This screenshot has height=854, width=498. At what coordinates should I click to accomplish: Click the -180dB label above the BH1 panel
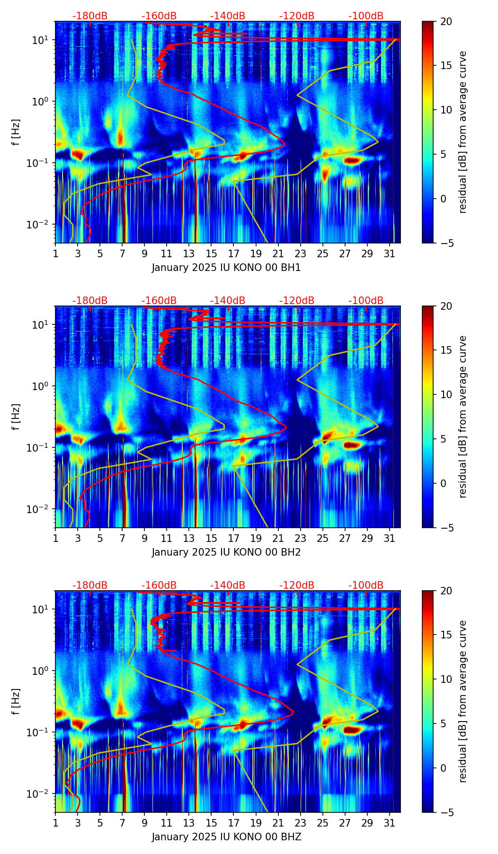click(x=90, y=16)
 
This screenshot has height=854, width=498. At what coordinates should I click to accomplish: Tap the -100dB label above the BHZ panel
click(x=366, y=585)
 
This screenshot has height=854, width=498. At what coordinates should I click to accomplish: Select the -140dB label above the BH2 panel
click(x=228, y=301)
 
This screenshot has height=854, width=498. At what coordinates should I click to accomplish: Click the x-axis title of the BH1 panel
click(x=226, y=268)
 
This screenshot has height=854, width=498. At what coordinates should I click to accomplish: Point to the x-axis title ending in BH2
click(x=226, y=552)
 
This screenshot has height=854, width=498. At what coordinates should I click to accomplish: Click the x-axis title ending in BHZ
click(x=226, y=837)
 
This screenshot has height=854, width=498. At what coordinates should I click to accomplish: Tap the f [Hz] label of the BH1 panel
click(x=17, y=132)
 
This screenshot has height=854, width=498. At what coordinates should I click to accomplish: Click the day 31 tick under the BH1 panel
click(x=389, y=253)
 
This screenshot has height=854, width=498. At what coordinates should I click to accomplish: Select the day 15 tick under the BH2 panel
click(x=211, y=538)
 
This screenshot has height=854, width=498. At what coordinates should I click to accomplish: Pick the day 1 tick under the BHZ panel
click(x=55, y=822)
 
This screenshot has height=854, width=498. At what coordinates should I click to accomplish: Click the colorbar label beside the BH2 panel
click(x=462, y=417)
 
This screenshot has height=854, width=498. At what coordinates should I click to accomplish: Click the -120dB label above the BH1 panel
click(x=297, y=16)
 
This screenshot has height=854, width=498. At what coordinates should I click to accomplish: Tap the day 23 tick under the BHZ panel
click(x=300, y=822)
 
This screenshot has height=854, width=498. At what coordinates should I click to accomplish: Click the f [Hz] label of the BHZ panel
click(x=17, y=702)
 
